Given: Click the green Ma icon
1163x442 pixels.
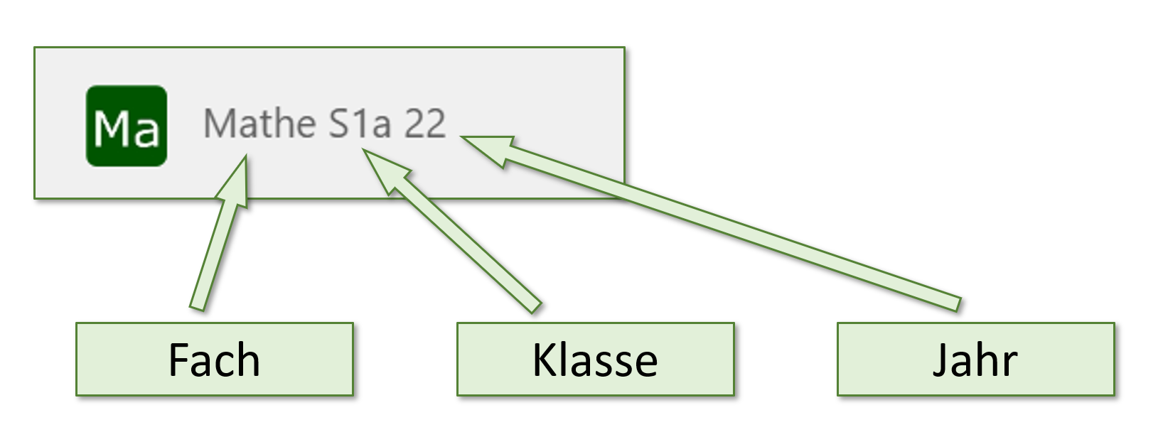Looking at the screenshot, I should [x=127, y=126].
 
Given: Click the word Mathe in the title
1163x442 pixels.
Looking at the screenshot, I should [x=259, y=124].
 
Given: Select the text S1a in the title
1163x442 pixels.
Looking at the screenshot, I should [x=360, y=124].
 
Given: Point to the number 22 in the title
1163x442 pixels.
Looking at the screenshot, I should [x=425, y=124].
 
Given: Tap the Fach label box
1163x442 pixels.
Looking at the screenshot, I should [x=214, y=359].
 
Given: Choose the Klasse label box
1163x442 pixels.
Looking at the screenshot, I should [x=595, y=359].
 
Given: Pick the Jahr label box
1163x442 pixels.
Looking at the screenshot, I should [x=975, y=359].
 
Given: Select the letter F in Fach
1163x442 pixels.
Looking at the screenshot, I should [x=178, y=360].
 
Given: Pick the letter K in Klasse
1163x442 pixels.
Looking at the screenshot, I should [x=543, y=360].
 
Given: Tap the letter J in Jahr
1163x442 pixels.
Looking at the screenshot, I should [x=940, y=361].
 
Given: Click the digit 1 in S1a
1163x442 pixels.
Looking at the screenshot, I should [x=361, y=124].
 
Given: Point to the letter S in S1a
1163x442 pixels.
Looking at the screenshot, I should [x=340, y=124].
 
